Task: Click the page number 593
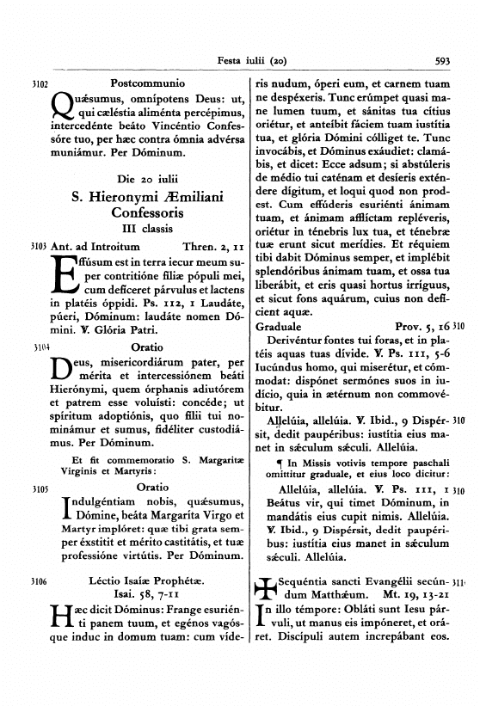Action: click(x=442, y=61)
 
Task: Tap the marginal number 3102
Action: click(x=38, y=85)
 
